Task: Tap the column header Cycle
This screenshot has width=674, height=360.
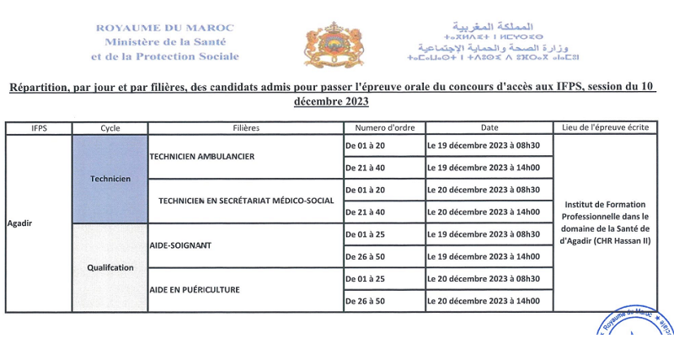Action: (x=110, y=128)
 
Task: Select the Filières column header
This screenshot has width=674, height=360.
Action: (x=245, y=128)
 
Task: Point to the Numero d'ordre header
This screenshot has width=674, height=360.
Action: (x=383, y=128)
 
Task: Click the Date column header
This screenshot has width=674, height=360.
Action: (x=489, y=128)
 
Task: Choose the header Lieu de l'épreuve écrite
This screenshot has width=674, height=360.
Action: (x=605, y=128)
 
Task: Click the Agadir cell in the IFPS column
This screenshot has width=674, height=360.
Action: (x=20, y=223)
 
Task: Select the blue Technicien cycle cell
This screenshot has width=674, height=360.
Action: (x=110, y=179)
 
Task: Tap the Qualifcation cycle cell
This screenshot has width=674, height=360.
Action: (x=110, y=267)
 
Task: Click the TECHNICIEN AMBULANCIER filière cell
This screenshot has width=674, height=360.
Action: (x=202, y=157)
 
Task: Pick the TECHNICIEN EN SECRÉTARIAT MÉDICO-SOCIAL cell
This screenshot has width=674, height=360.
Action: (x=246, y=201)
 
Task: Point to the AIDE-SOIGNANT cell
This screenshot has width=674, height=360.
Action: (x=180, y=245)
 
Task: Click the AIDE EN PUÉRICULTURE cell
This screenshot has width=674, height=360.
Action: (x=195, y=289)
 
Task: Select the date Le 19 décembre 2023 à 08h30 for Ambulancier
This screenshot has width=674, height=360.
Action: (x=484, y=146)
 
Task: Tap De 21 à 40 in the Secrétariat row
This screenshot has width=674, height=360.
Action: (x=366, y=212)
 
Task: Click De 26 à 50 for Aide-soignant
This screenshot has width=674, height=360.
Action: (x=366, y=256)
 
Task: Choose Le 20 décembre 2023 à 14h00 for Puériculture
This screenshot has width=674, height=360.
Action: (x=484, y=300)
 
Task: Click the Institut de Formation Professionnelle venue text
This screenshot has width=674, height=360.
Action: (x=605, y=223)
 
